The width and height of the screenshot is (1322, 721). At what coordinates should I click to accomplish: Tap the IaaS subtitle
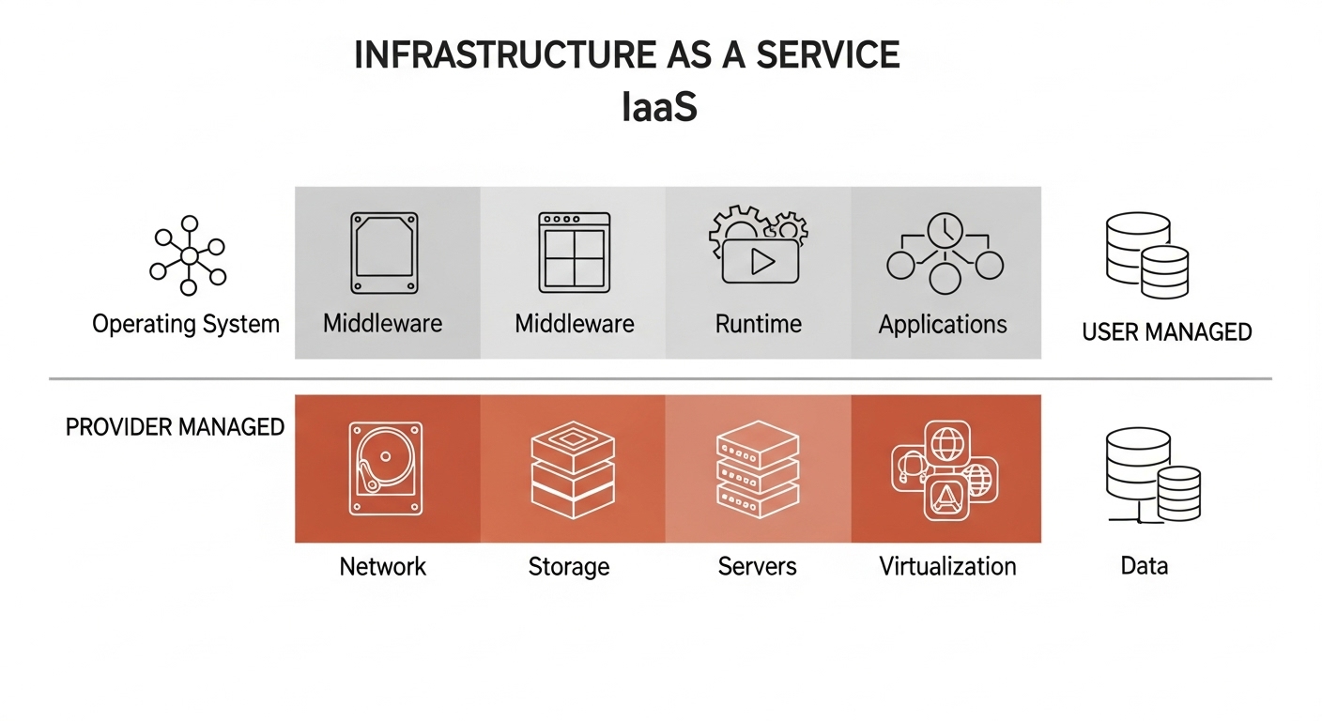coord(659,109)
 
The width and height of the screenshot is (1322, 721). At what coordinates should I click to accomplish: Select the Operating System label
coord(186,325)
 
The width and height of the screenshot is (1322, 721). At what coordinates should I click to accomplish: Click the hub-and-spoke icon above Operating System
coord(189,255)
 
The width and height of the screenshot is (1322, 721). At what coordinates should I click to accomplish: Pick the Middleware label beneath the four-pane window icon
coord(575,325)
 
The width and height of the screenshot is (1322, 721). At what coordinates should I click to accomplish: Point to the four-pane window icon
coord(575,253)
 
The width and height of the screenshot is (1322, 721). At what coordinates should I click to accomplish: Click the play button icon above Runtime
coord(761,261)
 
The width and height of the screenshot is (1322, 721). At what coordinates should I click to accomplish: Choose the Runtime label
coord(759,325)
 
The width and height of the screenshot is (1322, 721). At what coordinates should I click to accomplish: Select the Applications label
coord(943,325)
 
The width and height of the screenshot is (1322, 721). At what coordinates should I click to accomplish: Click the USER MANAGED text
coord(1167,331)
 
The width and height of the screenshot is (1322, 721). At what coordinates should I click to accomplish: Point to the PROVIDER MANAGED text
coord(175,427)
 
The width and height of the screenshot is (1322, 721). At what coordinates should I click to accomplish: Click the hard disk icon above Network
coord(385,468)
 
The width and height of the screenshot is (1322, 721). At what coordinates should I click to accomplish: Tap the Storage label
coord(569,567)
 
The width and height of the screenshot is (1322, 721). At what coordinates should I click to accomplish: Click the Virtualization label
coord(947,567)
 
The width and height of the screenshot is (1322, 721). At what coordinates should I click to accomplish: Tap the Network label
coord(383,567)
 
